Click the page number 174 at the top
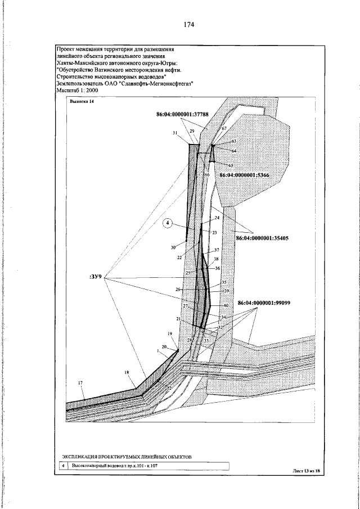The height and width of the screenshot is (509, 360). point(188,25)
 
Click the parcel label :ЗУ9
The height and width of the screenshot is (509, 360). point(95,277)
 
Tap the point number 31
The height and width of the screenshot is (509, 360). point(175,133)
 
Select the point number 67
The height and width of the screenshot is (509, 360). point(223,129)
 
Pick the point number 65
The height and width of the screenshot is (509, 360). point(230,165)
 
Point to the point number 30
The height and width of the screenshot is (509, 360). point(174,247)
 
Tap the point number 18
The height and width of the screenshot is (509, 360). point(127,372)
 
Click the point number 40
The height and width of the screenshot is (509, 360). point(226,305)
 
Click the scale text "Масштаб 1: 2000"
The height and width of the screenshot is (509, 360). point(79,90)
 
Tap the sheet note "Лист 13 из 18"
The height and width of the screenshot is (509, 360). point(306,470)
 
